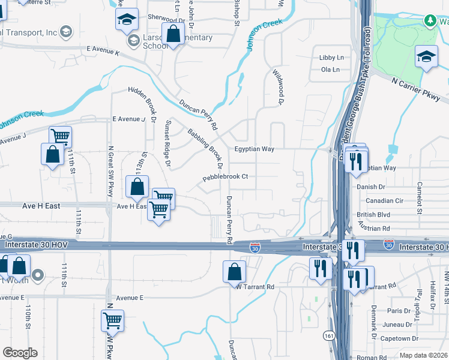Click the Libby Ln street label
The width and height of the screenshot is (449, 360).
332,58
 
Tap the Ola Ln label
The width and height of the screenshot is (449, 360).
331,70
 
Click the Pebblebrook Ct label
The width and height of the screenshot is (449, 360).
225,178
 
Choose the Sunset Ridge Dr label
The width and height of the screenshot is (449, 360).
168,143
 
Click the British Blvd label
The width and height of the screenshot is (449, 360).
373,215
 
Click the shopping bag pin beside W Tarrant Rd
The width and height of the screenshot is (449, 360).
234,271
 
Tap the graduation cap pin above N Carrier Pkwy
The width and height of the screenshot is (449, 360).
426,58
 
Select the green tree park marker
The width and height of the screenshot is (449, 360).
430,21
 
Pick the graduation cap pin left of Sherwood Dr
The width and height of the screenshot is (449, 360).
127,20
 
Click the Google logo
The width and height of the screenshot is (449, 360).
20,353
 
